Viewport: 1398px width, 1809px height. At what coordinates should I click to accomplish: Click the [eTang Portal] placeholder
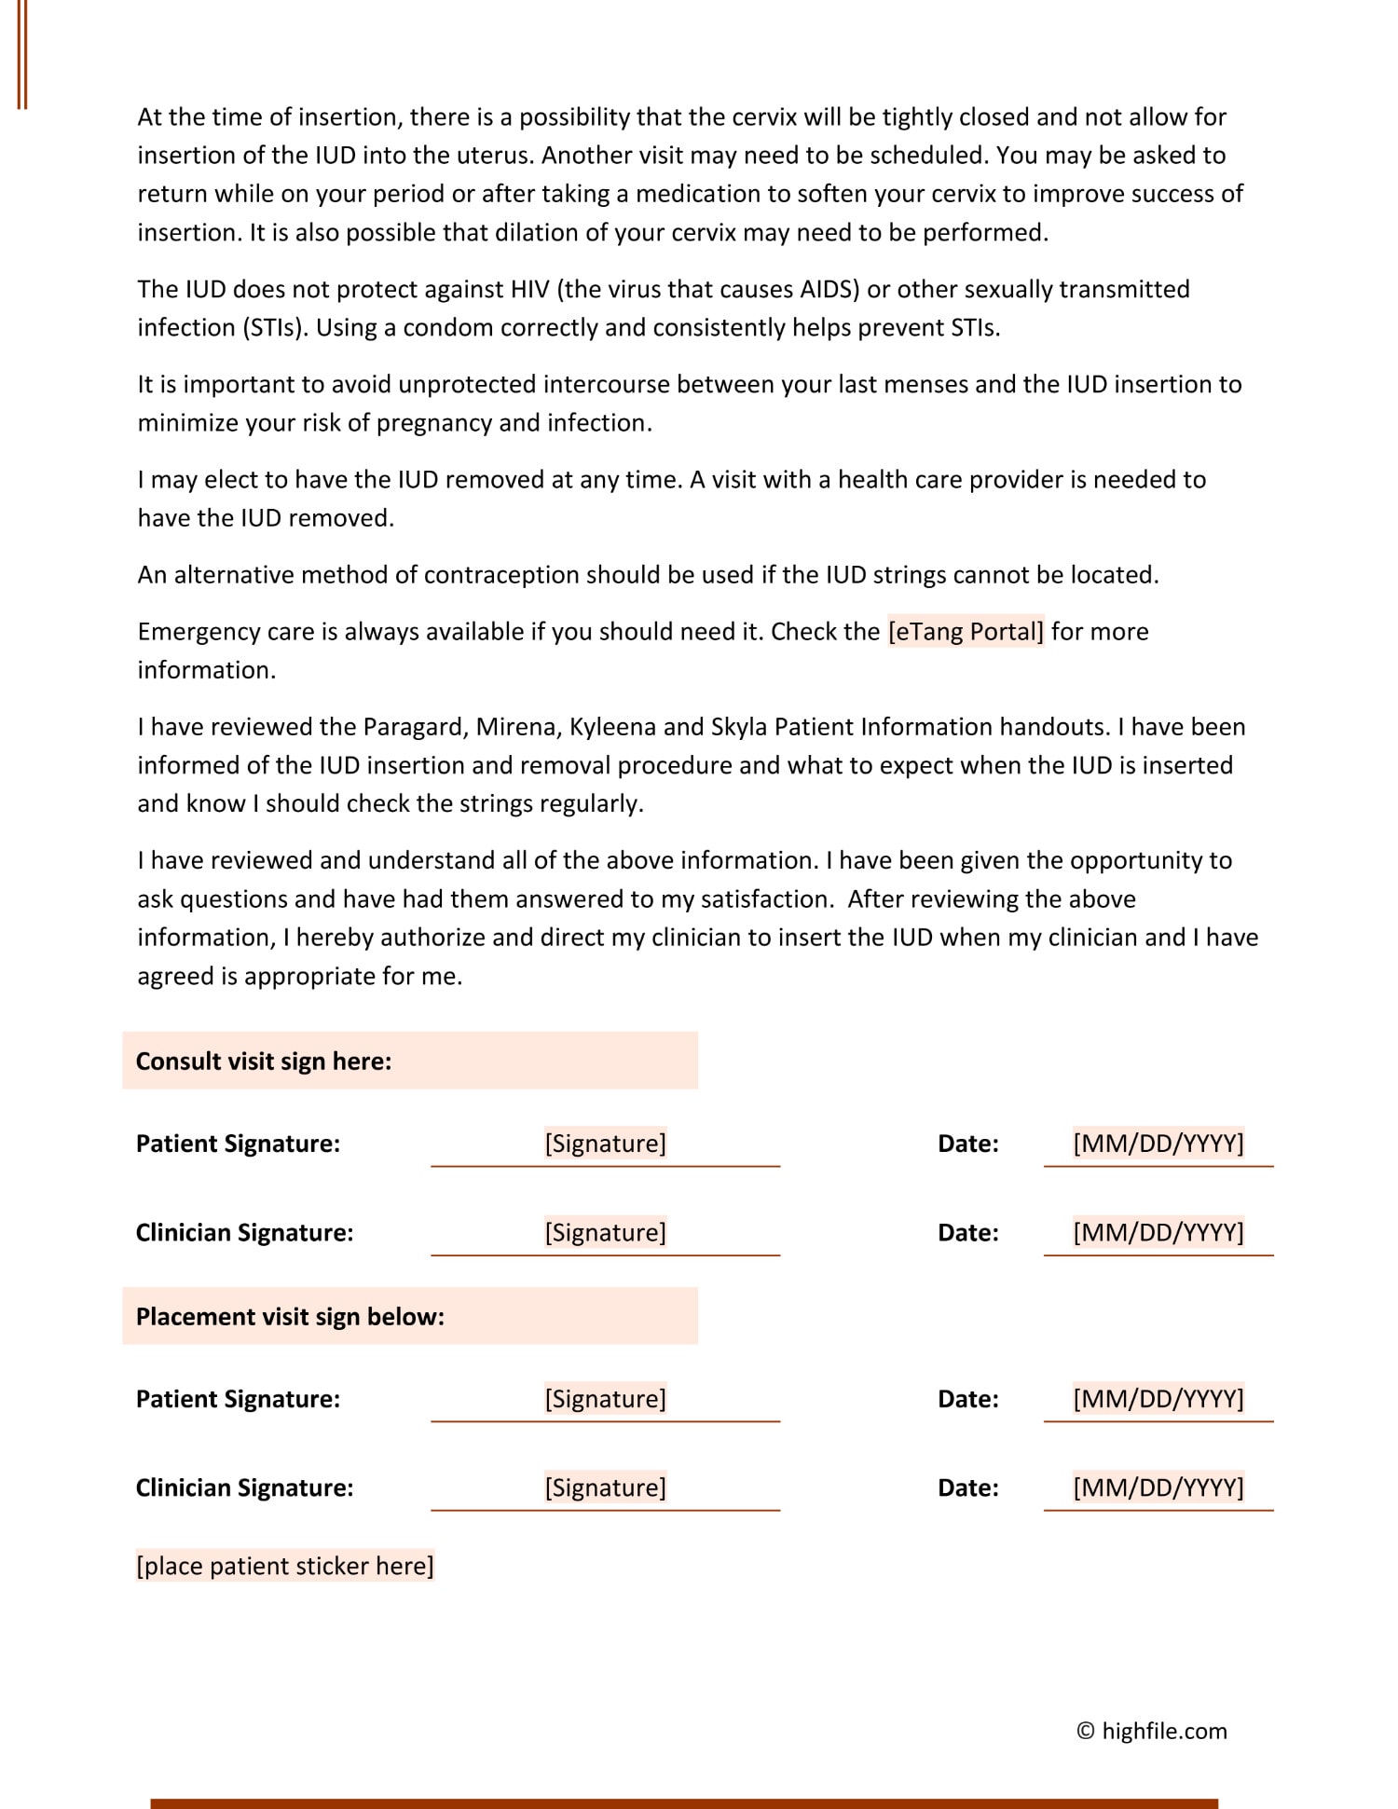click(966, 632)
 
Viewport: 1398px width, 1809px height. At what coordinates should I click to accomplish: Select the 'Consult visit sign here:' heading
click(264, 1061)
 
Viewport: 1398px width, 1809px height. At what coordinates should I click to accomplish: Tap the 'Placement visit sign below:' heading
click(290, 1316)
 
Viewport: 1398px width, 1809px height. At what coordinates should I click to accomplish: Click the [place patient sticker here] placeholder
click(284, 1566)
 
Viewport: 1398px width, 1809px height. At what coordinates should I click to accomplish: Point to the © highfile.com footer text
click(1152, 1731)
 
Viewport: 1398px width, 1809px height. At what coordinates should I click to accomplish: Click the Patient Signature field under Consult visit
click(605, 1144)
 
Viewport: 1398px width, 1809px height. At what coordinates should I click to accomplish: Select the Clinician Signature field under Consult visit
click(605, 1232)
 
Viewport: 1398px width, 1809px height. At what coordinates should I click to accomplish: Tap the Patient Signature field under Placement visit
click(605, 1399)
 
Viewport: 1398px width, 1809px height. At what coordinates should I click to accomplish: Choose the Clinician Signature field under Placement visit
click(605, 1487)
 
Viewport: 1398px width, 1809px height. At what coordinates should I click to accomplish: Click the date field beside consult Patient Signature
click(1158, 1144)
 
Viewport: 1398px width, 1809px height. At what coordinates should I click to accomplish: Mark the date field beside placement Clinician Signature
click(1158, 1487)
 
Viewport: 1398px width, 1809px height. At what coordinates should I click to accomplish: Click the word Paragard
click(416, 727)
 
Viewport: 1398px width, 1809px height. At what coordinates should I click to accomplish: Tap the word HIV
click(531, 289)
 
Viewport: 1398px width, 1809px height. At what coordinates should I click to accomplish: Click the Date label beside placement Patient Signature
click(967, 1399)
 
